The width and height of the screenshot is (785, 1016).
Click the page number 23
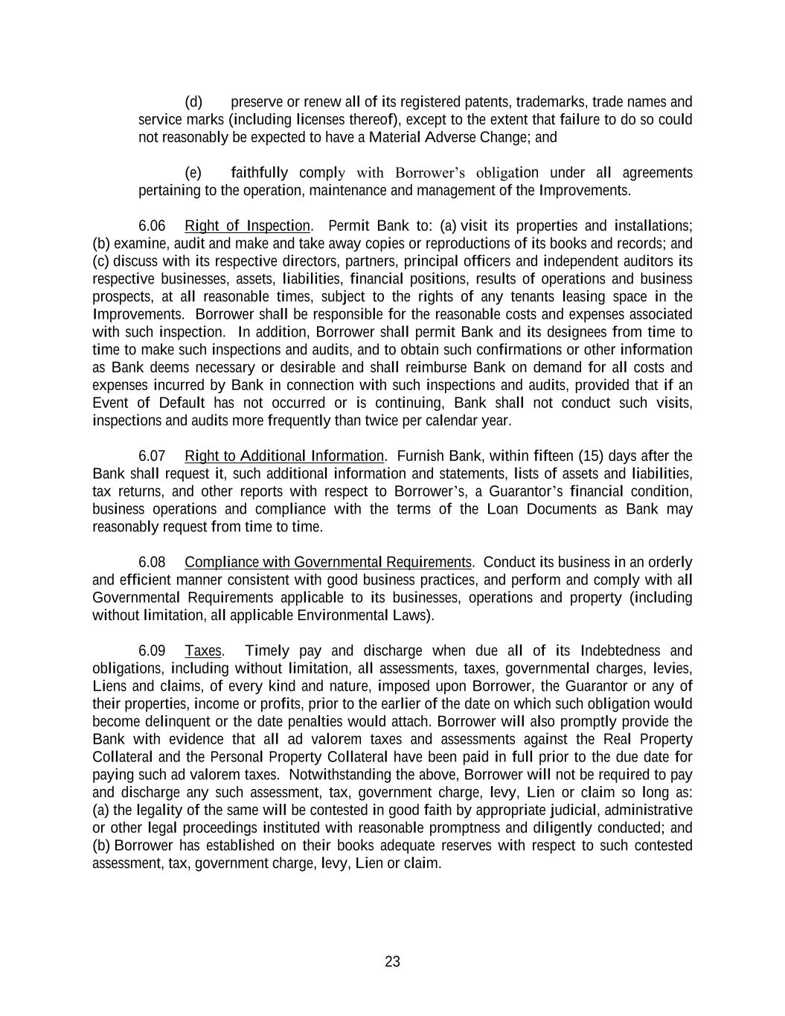point(392,962)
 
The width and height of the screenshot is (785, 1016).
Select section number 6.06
point(152,226)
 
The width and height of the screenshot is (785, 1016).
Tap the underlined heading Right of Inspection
point(247,226)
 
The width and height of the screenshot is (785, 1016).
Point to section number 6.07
point(152,456)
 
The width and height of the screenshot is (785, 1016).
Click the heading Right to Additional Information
point(284,456)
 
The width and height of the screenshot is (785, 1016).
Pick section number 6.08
point(152,562)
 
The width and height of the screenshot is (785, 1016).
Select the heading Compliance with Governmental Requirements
point(328,562)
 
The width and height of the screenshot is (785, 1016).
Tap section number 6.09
point(152,651)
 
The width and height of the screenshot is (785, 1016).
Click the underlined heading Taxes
point(203,651)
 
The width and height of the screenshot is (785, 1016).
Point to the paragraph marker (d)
point(193,102)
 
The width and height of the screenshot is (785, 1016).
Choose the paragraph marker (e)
point(193,173)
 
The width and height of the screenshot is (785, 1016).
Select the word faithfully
point(260,173)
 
